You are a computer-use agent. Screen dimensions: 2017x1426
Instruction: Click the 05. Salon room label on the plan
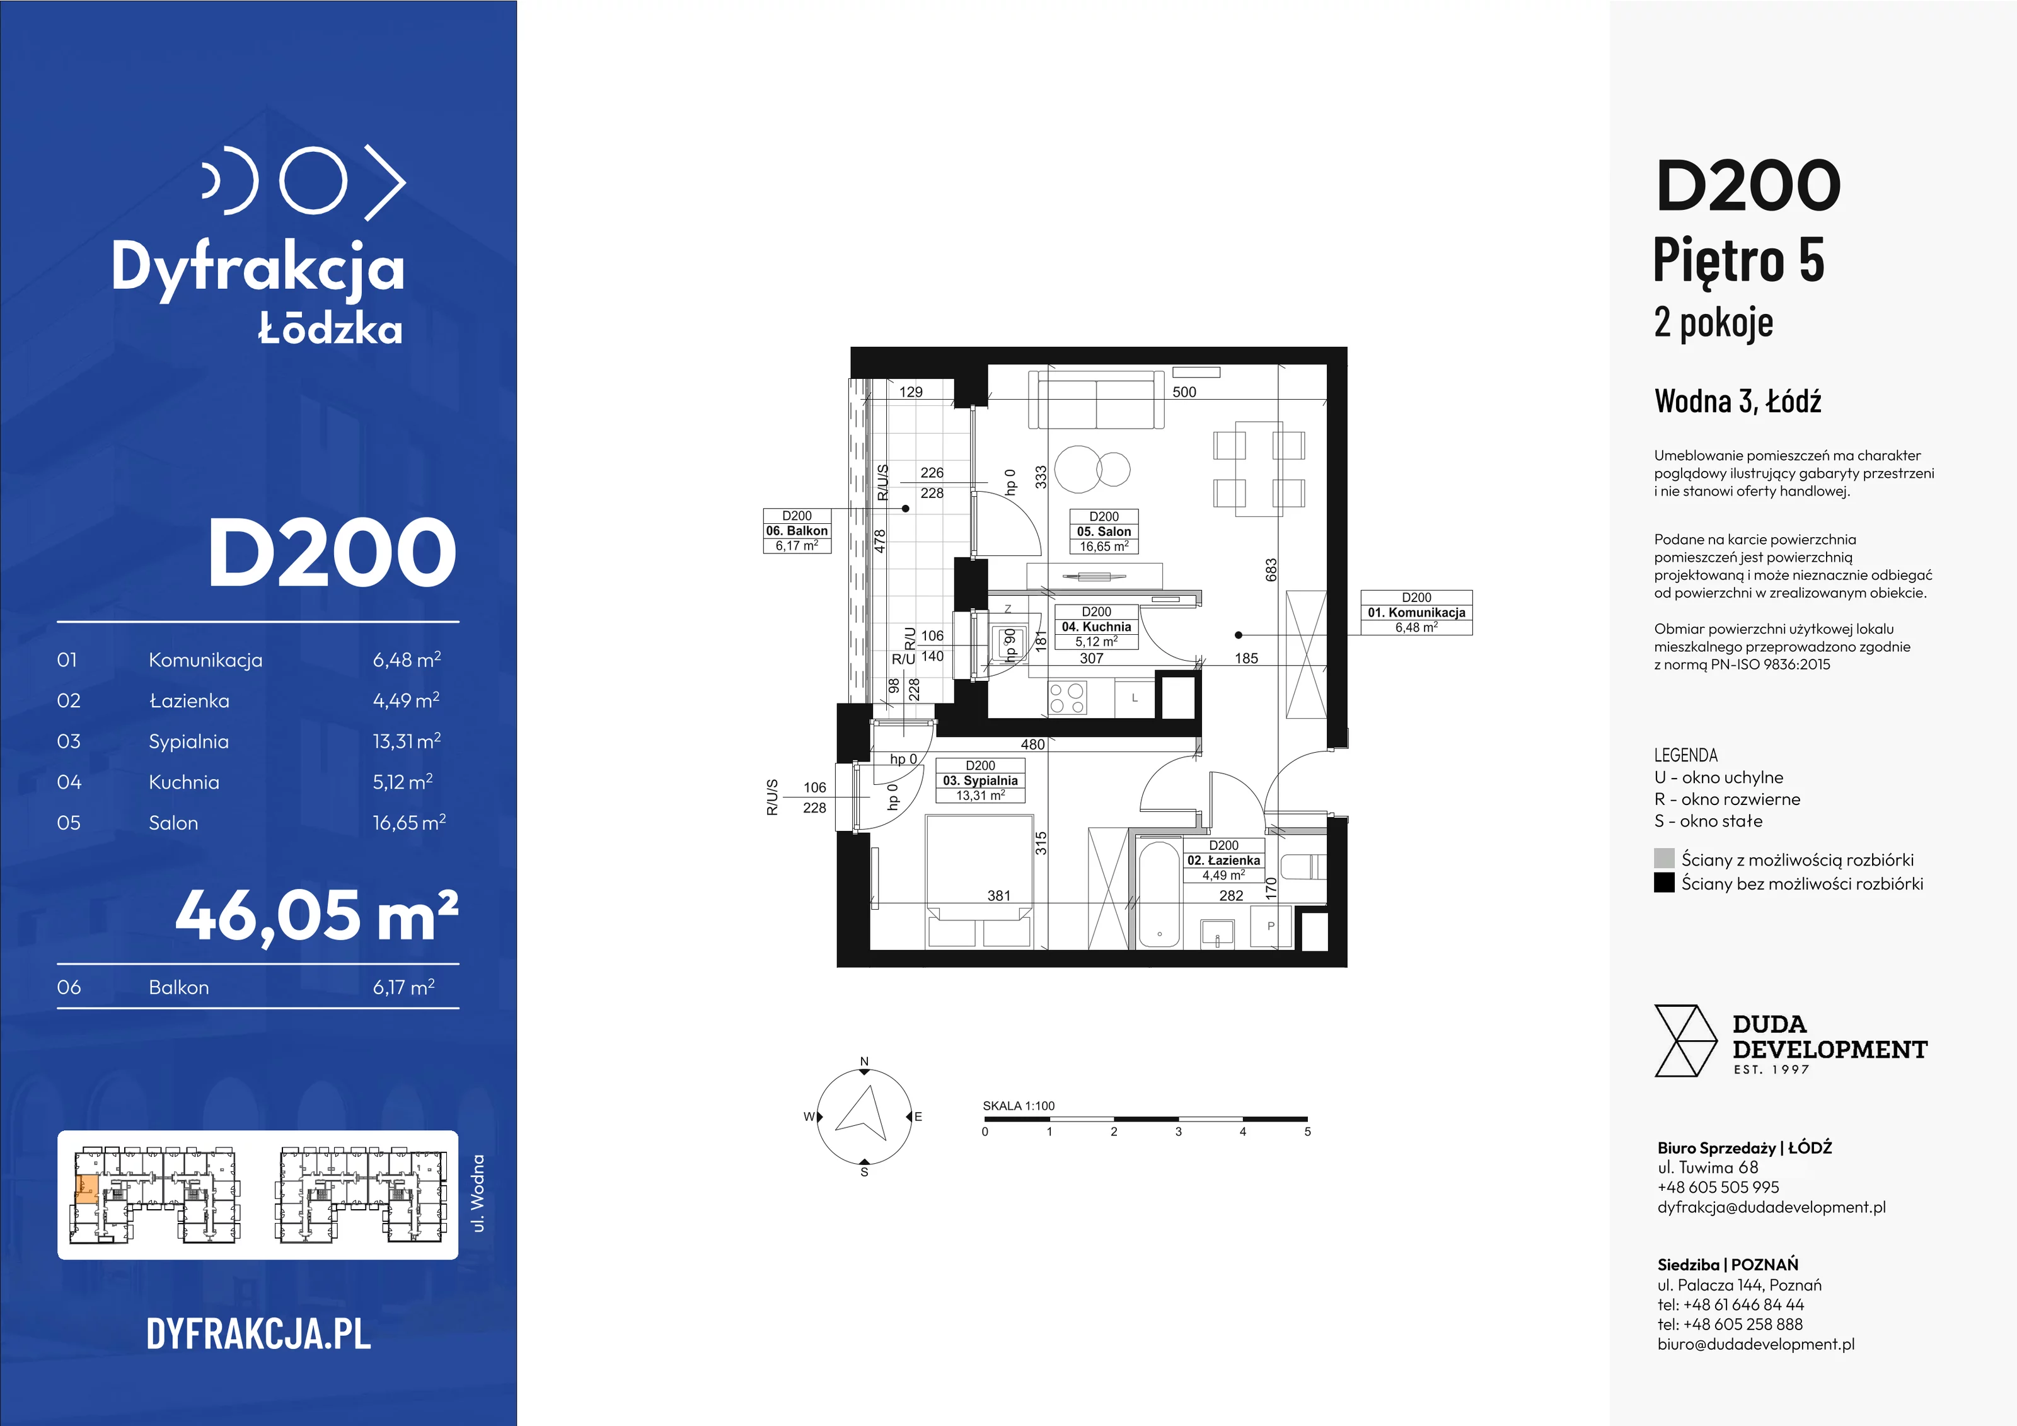pyautogui.click(x=1104, y=531)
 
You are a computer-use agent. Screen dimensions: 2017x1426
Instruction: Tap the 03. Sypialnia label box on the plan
pyautogui.click(x=980, y=781)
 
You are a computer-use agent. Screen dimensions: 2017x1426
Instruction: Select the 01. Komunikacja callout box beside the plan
pyautogui.click(x=1416, y=612)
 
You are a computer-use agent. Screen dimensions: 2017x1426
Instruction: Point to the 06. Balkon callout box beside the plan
pyautogui.click(x=797, y=531)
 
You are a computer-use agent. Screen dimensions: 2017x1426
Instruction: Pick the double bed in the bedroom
pyautogui.click(x=980, y=881)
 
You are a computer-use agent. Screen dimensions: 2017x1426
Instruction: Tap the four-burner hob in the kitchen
pyautogui.click(x=1067, y=699)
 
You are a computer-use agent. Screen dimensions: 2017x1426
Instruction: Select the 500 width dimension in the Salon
pyautogui.click(x=1184, y=392)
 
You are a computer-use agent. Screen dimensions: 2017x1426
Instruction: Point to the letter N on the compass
pyautogui.click(x=864, y=1062)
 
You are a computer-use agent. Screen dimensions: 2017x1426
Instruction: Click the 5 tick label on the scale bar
pyautogui.click(x=1307, y=1132)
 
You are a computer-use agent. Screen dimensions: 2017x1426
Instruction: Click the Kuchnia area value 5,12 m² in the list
pyautogui.click(x=402, y=782)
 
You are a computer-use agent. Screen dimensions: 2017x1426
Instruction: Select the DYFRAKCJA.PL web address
pyautogui.click(x=258, y=1334)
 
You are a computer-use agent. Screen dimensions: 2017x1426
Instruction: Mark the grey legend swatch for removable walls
pyautogui.click(x=1664, y=859)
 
